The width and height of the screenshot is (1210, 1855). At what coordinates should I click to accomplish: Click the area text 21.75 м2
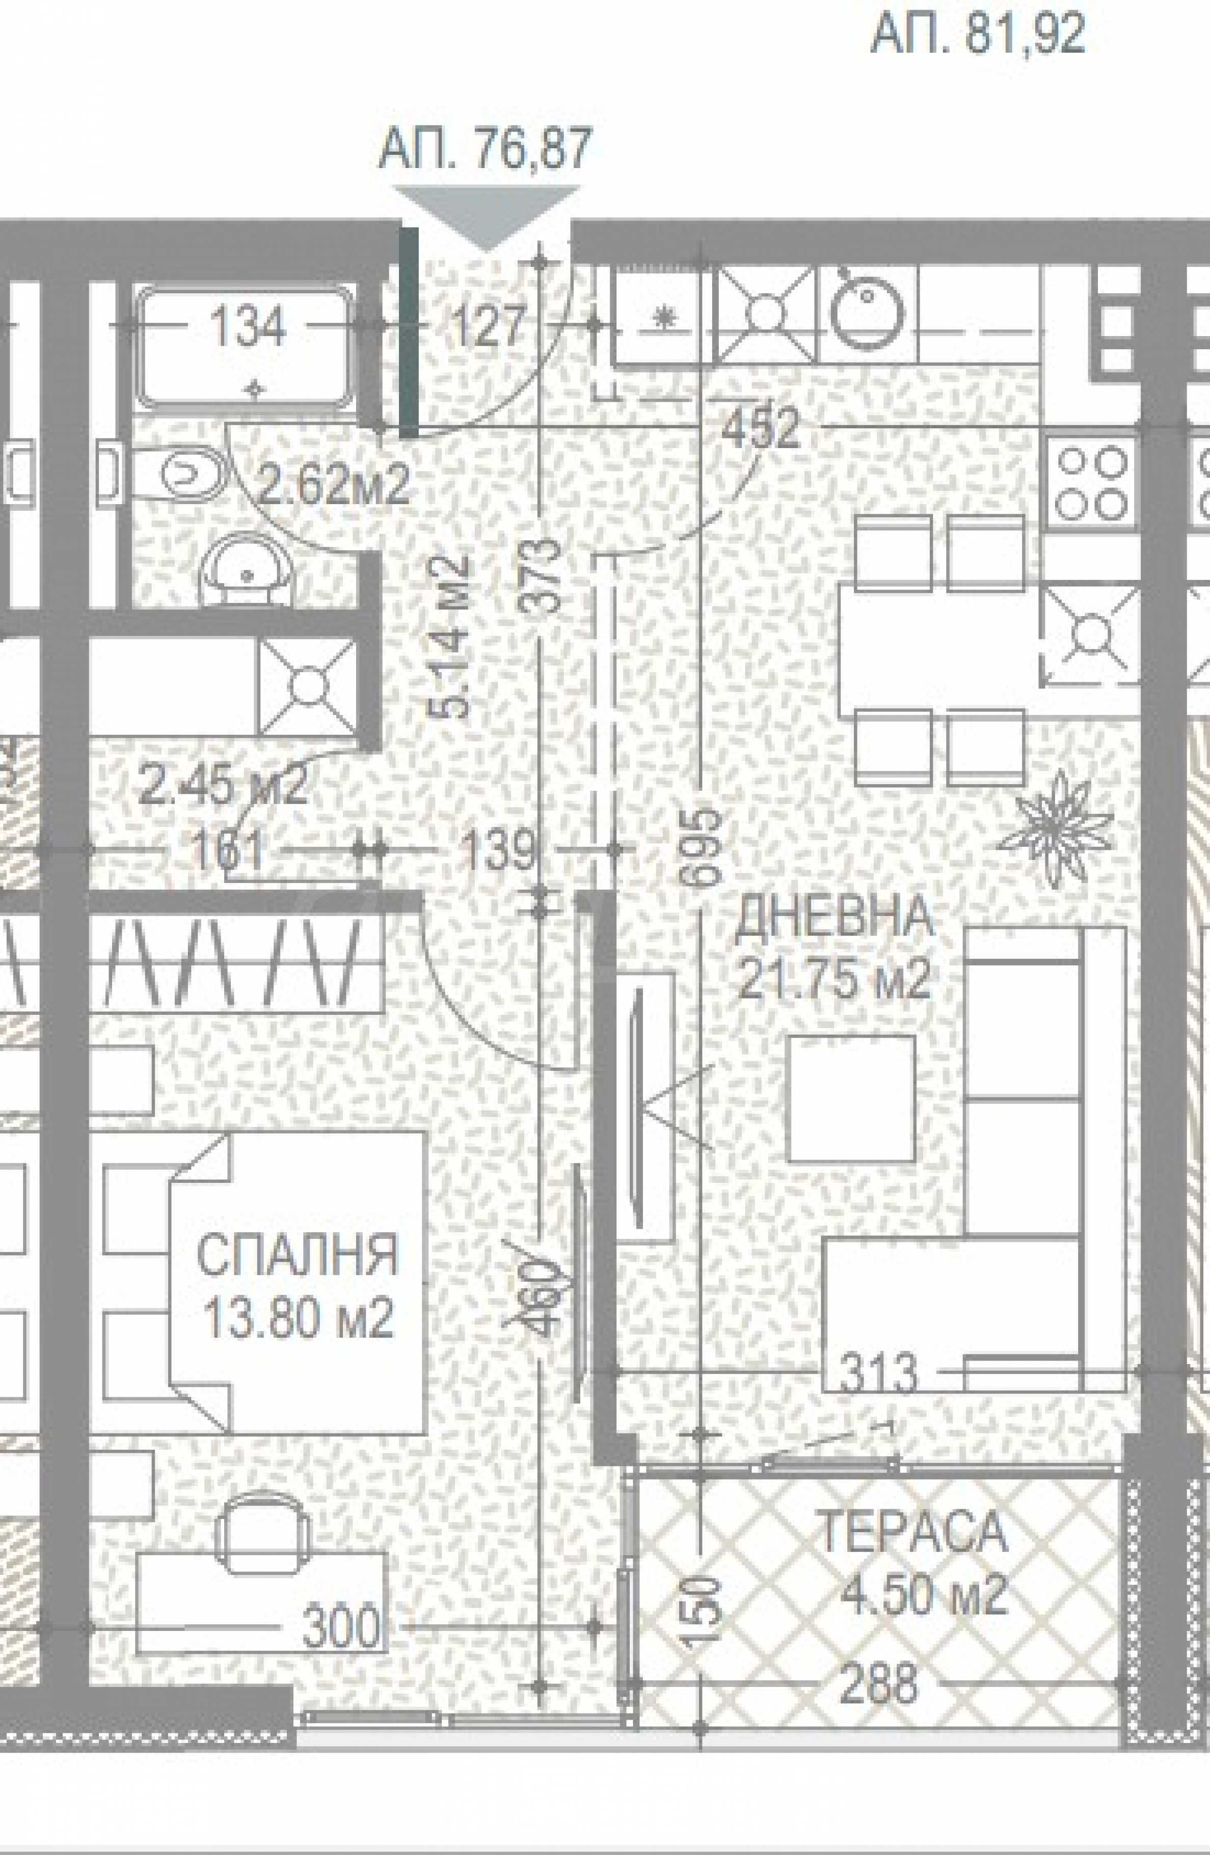coord(834,979)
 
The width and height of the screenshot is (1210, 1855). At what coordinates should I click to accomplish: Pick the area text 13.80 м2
coord(298,1319)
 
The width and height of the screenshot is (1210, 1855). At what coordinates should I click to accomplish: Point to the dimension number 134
coord(250,327)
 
